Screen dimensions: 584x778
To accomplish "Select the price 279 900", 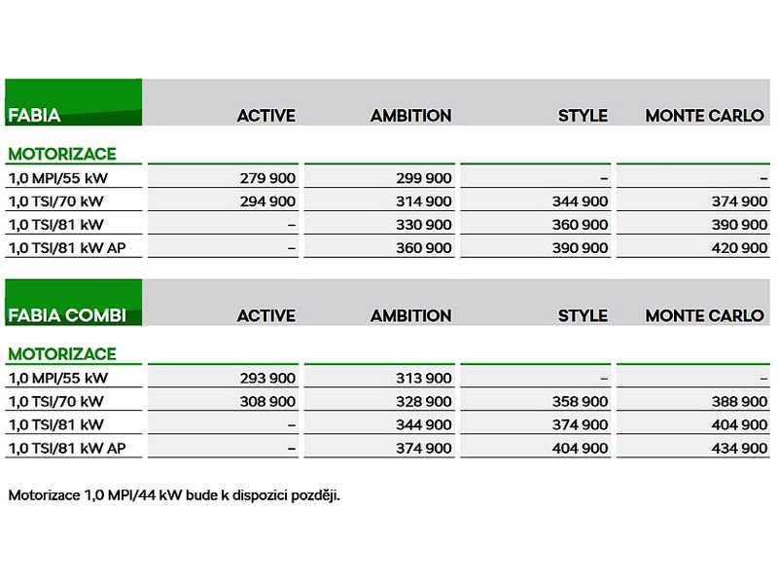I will (266, 178).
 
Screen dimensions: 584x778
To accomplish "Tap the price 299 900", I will (423, 178).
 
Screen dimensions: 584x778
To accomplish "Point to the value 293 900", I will (266, 379).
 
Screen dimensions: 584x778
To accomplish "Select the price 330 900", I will (423, 225).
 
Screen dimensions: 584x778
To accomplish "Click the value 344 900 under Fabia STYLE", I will (580, 201).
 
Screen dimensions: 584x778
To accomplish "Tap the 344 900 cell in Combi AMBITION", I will (423, 425).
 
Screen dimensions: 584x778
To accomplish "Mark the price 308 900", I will (266, 402).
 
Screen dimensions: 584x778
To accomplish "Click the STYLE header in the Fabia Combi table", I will (583, 315).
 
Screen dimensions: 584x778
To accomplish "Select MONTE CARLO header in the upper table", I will (705, 115).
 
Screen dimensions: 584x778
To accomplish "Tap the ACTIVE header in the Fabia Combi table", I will (265, 315).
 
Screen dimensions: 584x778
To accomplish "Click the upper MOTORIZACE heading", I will (62, 154).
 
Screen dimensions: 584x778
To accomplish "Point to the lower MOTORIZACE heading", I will (62, 354).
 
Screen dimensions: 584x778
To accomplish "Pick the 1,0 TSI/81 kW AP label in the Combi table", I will (66, 449).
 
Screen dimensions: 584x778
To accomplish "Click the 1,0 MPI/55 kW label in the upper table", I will (57, 178).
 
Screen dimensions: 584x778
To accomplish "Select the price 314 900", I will (423, 201).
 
